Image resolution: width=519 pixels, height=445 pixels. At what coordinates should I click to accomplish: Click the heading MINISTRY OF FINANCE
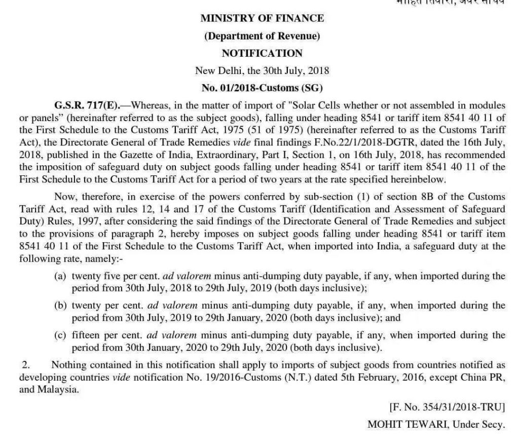(262, 19)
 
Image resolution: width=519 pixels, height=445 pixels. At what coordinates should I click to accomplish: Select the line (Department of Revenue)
(262, 36)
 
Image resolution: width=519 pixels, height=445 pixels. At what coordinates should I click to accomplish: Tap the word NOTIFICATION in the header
(262, 53)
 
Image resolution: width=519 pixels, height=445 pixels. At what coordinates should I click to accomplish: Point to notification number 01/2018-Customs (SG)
(262, 88)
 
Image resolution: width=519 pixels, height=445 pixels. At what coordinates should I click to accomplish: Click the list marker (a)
(60, 276)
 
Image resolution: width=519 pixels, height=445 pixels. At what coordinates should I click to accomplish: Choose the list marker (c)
(60, 336)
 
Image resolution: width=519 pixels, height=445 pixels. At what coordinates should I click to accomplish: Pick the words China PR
(486, 378)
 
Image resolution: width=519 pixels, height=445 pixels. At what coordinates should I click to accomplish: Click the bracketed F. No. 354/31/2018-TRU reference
(447, 407)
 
